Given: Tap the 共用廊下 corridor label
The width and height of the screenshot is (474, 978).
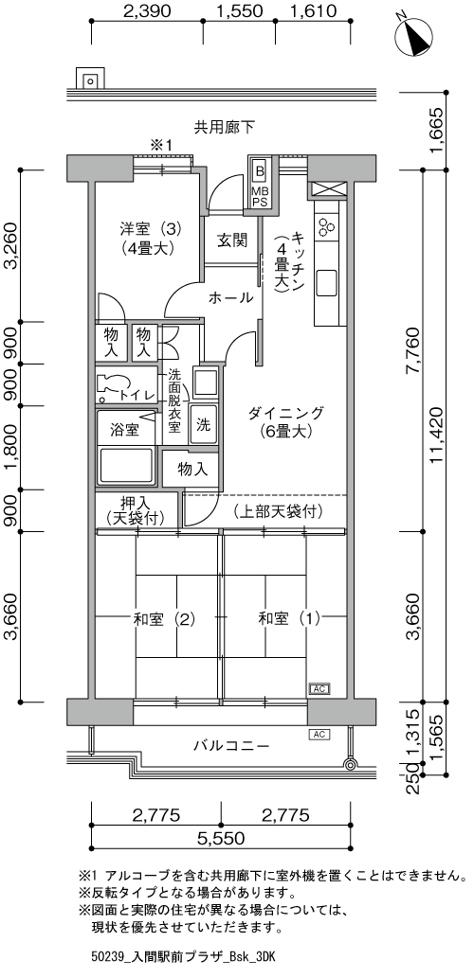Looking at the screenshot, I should click(225, 127).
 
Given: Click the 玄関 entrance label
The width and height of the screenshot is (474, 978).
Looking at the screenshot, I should click(232, 240).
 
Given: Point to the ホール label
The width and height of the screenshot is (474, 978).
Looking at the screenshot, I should click(230, 297).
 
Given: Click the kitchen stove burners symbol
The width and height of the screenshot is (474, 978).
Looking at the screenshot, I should click(327, 226).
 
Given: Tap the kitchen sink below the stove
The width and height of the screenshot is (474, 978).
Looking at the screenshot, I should click(327, 283).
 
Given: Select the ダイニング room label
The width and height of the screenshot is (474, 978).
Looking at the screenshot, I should click(286, 422).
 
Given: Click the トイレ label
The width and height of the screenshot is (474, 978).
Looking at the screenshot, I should click(137, 394).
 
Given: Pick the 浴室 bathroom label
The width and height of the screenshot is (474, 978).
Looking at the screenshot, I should click(124, 429).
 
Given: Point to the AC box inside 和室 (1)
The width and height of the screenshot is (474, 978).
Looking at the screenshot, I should click(319, 689).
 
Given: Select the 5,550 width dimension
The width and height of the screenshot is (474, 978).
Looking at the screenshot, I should click(222, 838).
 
